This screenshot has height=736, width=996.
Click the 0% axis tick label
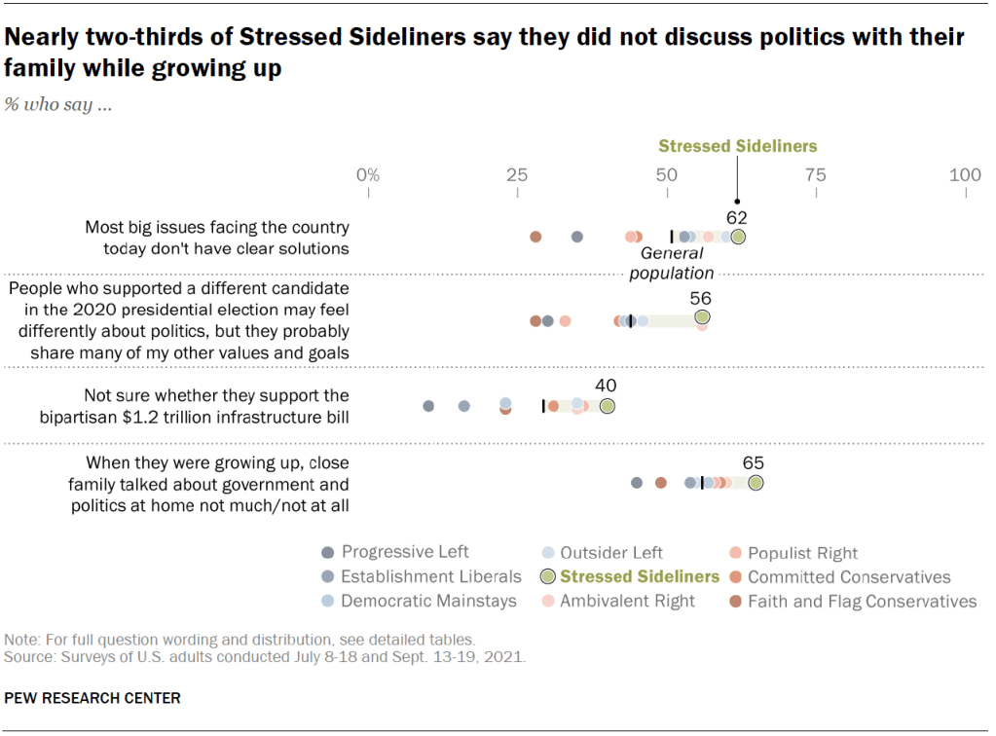coord(367,175)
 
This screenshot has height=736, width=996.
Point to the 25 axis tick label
coord(517,175)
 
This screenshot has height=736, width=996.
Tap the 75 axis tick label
coord(816,175)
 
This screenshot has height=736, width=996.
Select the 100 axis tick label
coord(965,175)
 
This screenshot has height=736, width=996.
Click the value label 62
coord(736,217)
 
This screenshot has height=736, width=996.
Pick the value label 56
coord(701,299)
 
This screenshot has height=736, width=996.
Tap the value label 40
coord(606,386)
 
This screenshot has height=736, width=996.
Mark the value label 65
coord(754,462)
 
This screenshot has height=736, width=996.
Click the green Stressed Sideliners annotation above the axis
coord(737,146)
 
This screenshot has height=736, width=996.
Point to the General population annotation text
coord(672,263)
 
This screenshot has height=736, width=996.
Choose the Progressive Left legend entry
coord(395,552)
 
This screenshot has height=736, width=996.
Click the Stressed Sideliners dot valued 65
coord(756,482)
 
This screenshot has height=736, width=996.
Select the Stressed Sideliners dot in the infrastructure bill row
coord(608,406)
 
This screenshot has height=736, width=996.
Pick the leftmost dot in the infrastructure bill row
coord(428,406)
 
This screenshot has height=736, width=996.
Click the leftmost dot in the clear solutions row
coord(535,237)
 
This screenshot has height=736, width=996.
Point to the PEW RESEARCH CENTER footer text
coord(92,698)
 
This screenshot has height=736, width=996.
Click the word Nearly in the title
coord(42,38)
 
